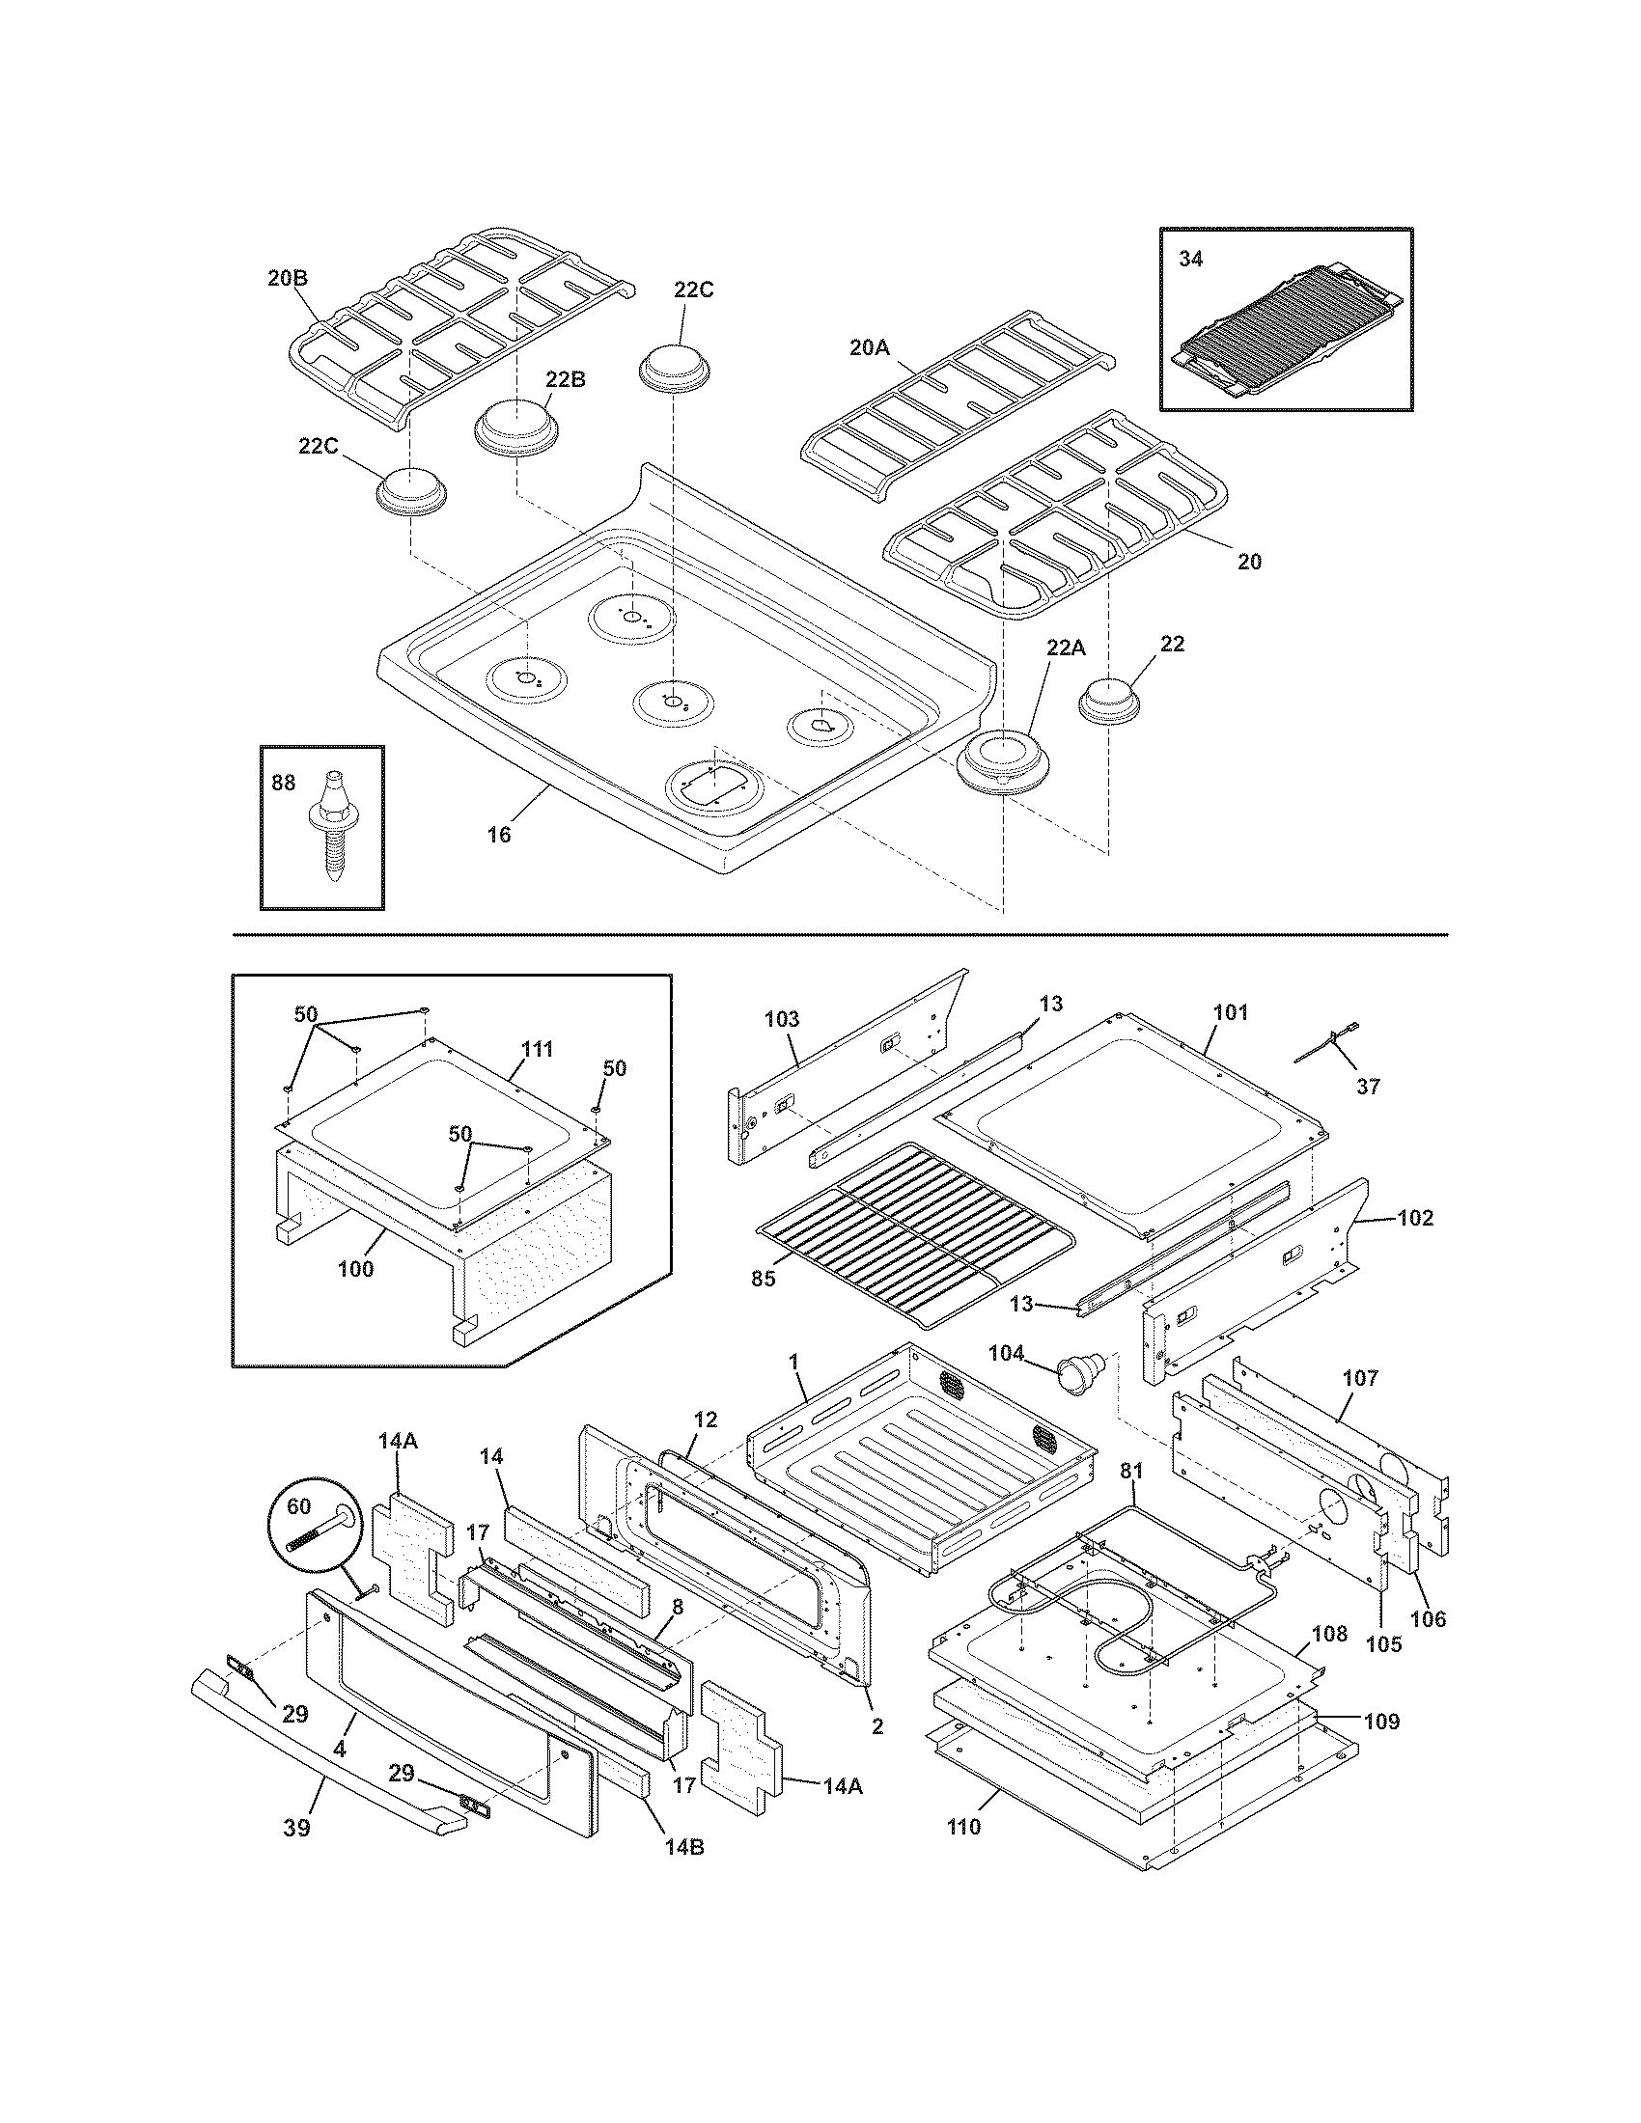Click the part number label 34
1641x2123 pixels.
point(1190,260)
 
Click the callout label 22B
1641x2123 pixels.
point(565,379)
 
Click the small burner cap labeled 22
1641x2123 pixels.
point(1109,700)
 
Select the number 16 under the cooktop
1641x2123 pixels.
point(498,834)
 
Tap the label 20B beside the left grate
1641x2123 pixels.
point(288,277)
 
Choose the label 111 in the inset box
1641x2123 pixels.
point(537,1049)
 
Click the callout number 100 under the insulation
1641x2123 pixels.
point(355,1269)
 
